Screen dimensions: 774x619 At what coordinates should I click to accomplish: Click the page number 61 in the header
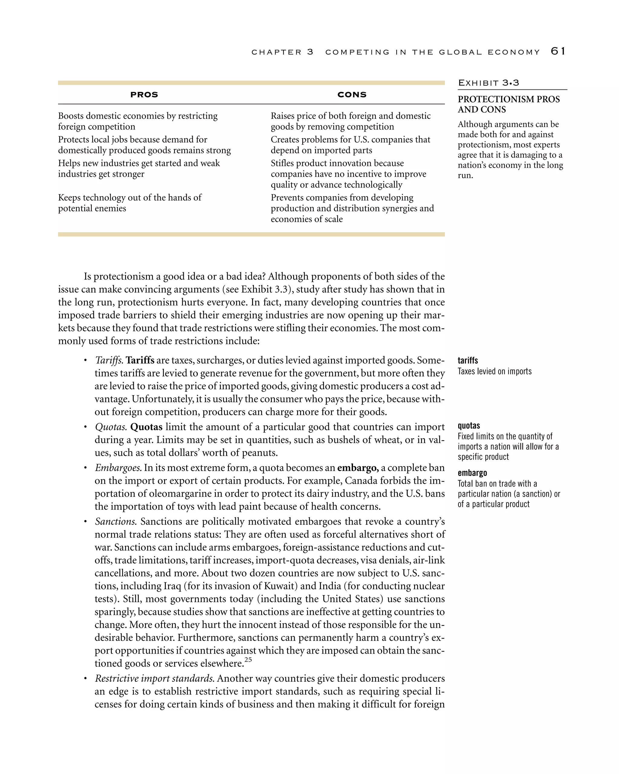coord(558,51)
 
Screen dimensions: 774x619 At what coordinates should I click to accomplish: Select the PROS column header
coord(144,95)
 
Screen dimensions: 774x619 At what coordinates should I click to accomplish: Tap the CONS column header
coord(352,95)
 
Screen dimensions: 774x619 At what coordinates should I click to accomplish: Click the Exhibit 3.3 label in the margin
coord(488,83)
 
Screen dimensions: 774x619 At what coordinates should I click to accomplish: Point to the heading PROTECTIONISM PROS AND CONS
coord(508,105)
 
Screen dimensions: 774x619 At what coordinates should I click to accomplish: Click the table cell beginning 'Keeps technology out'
coord(130,203)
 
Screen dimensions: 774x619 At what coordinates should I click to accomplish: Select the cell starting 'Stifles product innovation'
coord(348,174)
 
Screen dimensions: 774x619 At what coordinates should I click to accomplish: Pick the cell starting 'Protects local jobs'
coord(144,145)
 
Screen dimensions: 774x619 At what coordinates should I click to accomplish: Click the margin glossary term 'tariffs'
coord(468,360)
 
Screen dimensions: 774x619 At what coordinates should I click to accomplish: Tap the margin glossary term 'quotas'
coord(469,426)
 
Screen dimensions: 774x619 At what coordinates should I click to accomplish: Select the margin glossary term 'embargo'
coord(472,473)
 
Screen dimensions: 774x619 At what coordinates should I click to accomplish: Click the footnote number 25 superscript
coord(248,660)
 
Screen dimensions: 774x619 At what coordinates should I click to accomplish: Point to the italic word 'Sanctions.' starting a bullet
coord(116,522)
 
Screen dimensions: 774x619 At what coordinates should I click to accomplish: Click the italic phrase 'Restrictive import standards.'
coord(155,678)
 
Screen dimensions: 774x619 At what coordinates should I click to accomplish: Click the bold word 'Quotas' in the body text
coord(146,427)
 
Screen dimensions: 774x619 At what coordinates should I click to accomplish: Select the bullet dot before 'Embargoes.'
coord(86,468)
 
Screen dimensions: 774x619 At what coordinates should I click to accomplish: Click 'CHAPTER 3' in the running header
coord(282,52)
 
